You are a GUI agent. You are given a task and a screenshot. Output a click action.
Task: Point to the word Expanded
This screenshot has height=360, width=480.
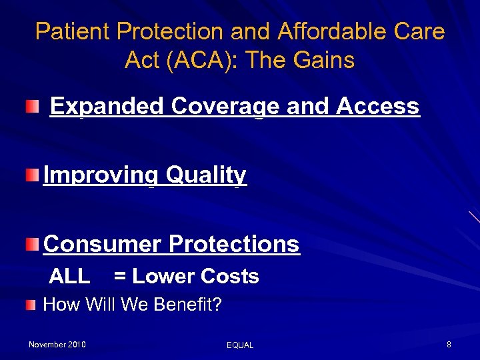click(x=107, y=107)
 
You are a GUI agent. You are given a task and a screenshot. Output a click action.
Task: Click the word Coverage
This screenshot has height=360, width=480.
click(x=225, y=107)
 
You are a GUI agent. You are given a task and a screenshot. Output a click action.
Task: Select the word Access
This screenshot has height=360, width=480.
click(x=378, y=107)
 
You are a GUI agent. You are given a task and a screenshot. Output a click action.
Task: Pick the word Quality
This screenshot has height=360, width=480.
click(x=206, y=175)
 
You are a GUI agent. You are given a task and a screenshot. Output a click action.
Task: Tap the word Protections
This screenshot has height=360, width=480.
click(x=234, y=244)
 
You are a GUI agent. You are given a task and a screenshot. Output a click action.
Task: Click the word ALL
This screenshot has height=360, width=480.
click(x=69, y=277)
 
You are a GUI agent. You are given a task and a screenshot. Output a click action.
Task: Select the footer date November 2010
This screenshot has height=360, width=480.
click(x=57, y=345)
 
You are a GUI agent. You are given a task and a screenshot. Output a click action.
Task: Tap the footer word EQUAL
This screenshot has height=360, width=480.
click(x=240, y=345)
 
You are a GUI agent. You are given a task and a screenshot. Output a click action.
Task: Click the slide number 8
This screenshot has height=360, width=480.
click(x=449, y=345)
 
